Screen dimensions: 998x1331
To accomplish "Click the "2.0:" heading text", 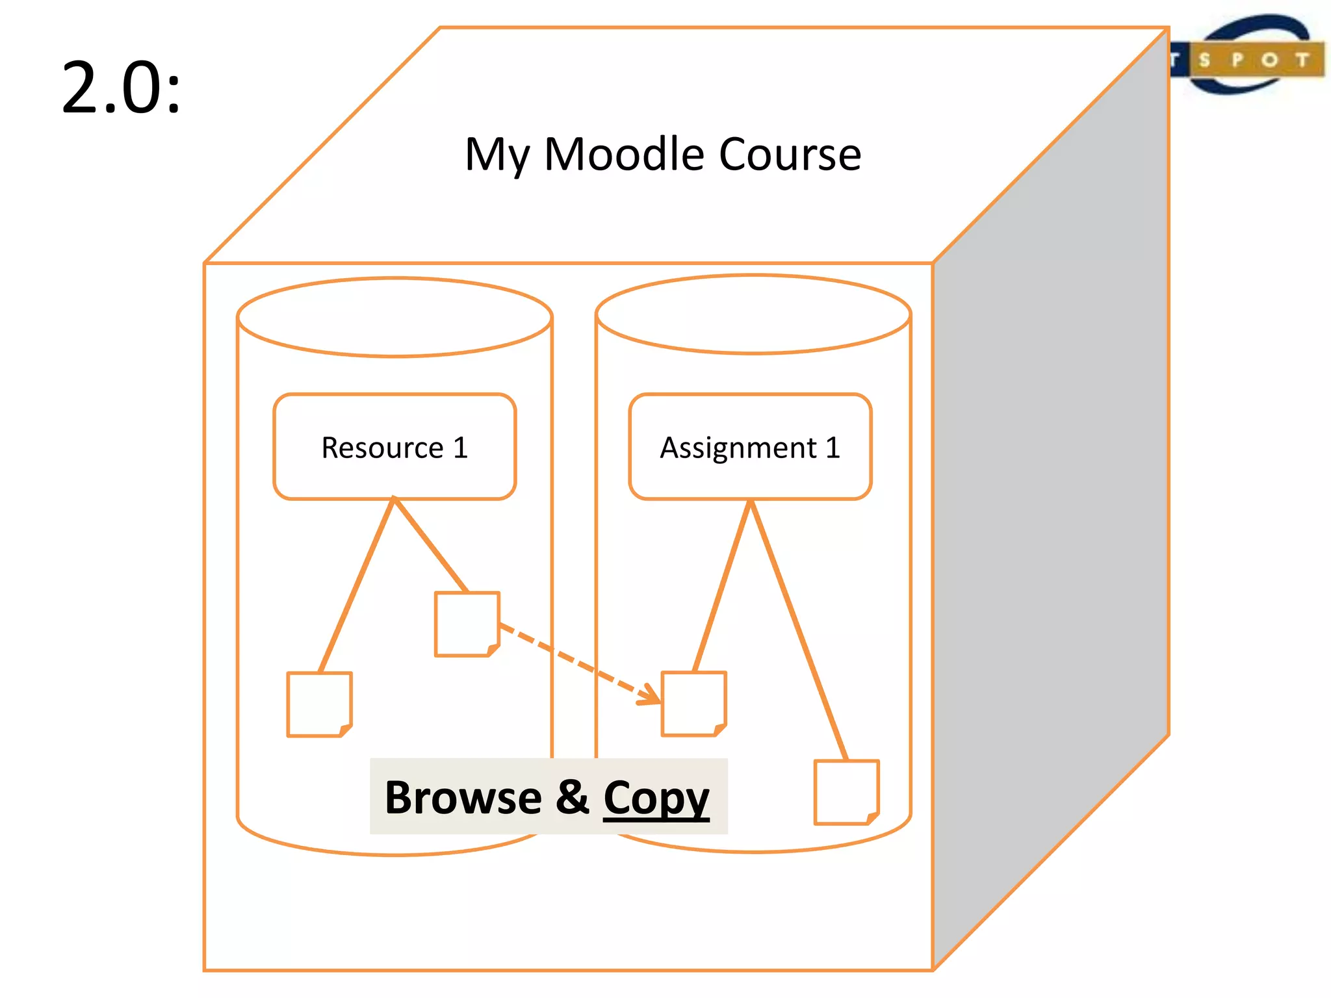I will pyautogui.click(x=121, y=88).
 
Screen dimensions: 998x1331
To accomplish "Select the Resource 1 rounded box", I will pyautogui.click(x=394, y=446).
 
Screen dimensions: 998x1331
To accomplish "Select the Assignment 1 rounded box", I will pyautogui.click(x=750, y=446).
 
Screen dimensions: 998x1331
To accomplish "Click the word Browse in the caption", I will pyautogui.click(x=463, y=797).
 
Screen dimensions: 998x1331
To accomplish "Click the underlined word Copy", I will pyautogui.click(x=656, y=798).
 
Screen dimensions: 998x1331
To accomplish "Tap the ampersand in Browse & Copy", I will pyautogui.click(x=573, y=797).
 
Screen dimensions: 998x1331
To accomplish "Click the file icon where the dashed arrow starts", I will pyautogui.click(x=467, y=624).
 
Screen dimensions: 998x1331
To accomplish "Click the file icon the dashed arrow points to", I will pyautogui.click(x=693, y=704).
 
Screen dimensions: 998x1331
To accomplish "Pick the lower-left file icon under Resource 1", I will pyautogui.click(x=319, y=704).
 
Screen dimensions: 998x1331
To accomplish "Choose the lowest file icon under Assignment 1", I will pyautogui.click(x=846, y=792).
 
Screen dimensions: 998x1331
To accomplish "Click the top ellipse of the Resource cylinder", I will pyautogui.click(x=394, y=317).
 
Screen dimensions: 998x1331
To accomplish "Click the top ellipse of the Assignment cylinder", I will pyautogui.click(x=753, y=314).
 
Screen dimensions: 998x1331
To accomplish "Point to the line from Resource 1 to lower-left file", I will pyautogui.click(x=357, y=585).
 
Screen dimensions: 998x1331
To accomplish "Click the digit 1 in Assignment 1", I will pyautogui.click(x=833, y=447).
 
